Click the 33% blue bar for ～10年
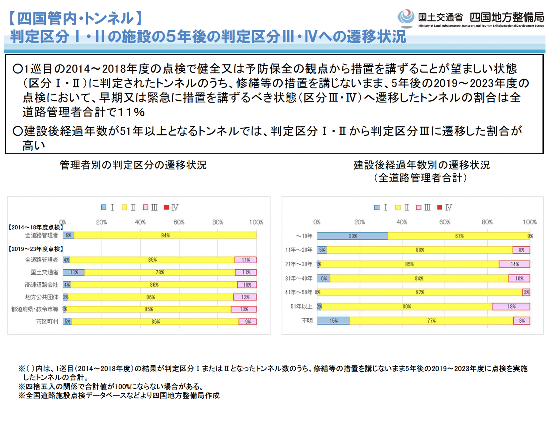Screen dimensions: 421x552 (x=352, y=236)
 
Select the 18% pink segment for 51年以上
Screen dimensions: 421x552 (x=511, y=307)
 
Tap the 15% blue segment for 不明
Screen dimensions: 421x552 (x=333, y=321)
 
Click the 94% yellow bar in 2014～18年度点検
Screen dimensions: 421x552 (x=165, y=235)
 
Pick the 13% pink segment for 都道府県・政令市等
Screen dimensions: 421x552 (x=244, y=309)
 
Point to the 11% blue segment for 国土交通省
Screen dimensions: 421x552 (x=74, y=272)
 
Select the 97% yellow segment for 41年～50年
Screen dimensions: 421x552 (x=420, y=292)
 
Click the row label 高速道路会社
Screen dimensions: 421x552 (x=41, y=285)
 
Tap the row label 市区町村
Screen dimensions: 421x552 (x=47, y=322)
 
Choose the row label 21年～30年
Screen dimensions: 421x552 (x=299, y=264)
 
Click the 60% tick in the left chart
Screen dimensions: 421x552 (x=179, y=222)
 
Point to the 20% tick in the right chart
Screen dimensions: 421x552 (x=359, y=222)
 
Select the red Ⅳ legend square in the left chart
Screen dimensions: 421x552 (x=166, y=207)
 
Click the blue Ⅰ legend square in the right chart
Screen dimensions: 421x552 (x=377, y=207)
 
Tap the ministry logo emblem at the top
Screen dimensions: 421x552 (x=406, y=18)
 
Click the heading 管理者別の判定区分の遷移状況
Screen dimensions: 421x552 (x=133, y=165)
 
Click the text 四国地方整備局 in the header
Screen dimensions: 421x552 (x=507, y=17)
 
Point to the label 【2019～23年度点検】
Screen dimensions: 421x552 (x=36, y=249)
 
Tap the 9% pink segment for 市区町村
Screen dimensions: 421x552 (x=248, y=322)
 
